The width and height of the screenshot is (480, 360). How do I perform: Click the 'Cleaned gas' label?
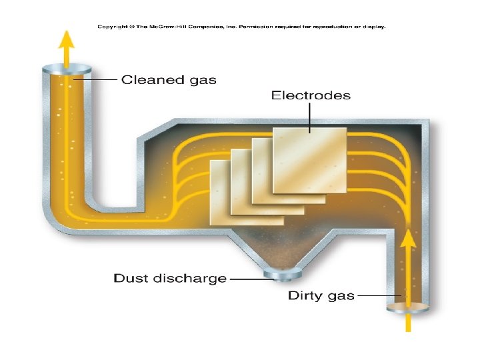coord(169,80)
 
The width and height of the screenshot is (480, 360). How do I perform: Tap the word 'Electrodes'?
coord(311,95)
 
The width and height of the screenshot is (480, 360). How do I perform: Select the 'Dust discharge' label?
coord(170,278)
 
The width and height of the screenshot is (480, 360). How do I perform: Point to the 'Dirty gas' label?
coord(321,295)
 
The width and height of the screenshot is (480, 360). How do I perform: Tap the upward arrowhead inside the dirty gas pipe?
coord(408,237)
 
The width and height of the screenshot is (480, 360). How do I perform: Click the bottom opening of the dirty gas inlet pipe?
coord(408,308)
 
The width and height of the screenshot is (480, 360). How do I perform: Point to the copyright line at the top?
coord(241,27)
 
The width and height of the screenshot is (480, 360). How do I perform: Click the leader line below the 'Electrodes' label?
coord(311,117)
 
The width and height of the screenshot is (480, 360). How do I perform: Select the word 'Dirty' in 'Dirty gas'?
coord(305,295)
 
